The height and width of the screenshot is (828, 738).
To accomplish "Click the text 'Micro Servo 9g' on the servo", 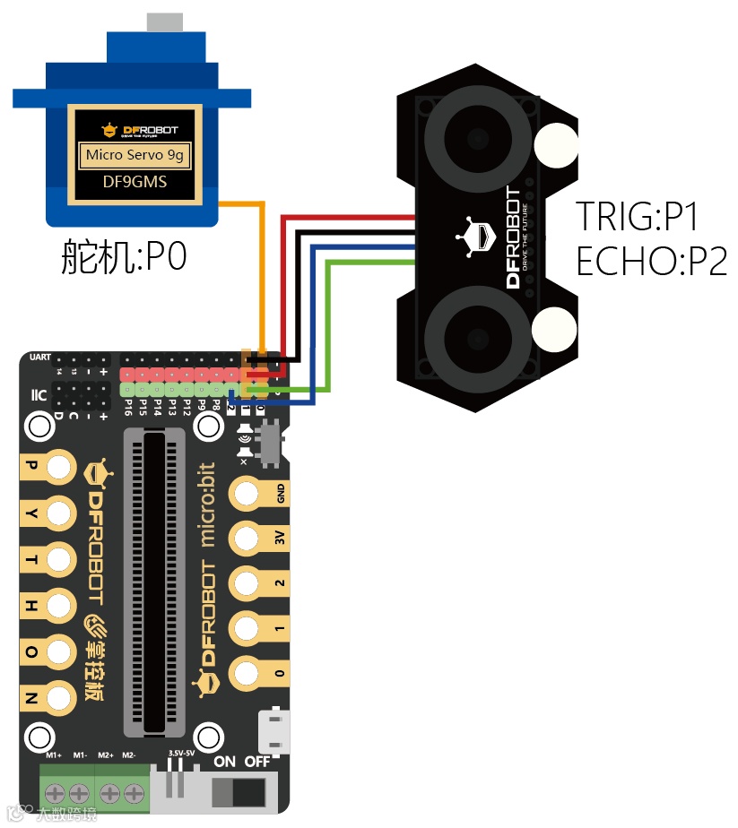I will click(135, 155).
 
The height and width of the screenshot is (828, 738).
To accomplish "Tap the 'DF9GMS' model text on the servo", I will click(135, 183).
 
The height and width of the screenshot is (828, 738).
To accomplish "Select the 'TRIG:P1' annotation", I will click(637, 217).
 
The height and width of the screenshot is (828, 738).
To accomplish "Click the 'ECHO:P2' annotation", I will click(651, 262).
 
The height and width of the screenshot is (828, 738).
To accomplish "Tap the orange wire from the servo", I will click(263, 269).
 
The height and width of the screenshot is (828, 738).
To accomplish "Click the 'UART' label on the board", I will click(40, 358).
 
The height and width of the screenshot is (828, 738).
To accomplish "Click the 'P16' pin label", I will click(129, 408).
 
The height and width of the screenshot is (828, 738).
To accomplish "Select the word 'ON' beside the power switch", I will click(225, 762).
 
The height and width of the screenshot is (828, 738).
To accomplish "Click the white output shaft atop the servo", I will click(162, 22).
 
